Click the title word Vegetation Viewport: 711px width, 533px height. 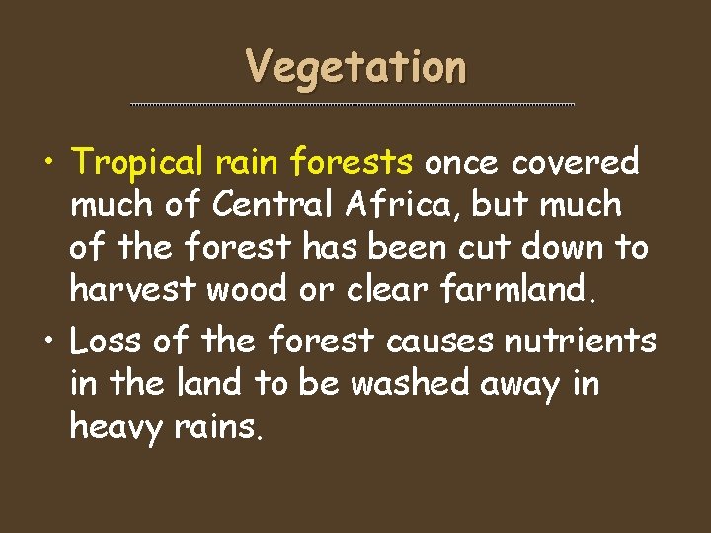355,68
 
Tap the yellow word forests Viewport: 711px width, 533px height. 357,161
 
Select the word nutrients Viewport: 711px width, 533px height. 580,342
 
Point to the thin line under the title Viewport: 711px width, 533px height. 353,104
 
